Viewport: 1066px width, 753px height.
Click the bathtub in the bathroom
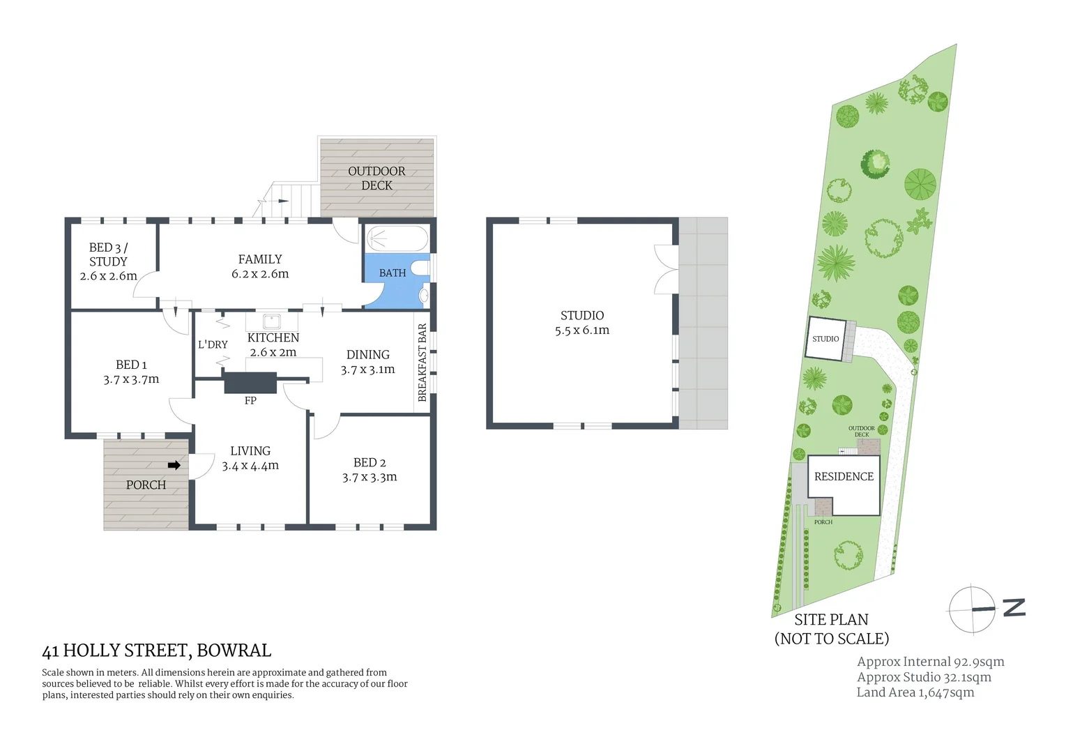tap(397, 238)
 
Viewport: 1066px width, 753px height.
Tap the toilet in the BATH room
tap(420, 268)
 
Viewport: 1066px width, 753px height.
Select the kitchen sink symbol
tap(271, 321)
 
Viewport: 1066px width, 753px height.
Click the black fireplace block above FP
tap(250, 383)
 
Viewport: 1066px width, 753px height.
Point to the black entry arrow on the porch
tap(174, 465)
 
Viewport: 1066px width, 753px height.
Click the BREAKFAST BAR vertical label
tap(422, 363)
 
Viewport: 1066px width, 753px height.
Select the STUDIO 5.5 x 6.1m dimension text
tap(581, 330)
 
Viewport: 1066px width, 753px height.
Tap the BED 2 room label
tap(370, 462)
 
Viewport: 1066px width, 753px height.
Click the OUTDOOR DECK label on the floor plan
tap(376, 178)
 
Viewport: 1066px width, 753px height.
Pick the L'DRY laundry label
tap(213, 344)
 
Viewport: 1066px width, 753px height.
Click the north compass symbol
tap(973, 609)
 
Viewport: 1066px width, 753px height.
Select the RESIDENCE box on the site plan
tap(844, 477)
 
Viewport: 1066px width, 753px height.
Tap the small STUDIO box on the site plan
tap(825, 339)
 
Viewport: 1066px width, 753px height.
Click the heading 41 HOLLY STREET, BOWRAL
tap(157, 651)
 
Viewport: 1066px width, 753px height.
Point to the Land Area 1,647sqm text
tap(915, 692)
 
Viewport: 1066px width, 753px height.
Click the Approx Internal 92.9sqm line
tap(930, 662)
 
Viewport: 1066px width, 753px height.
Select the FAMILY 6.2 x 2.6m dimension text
tap(260, 274)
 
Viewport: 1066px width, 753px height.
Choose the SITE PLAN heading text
tap(831, 620)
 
